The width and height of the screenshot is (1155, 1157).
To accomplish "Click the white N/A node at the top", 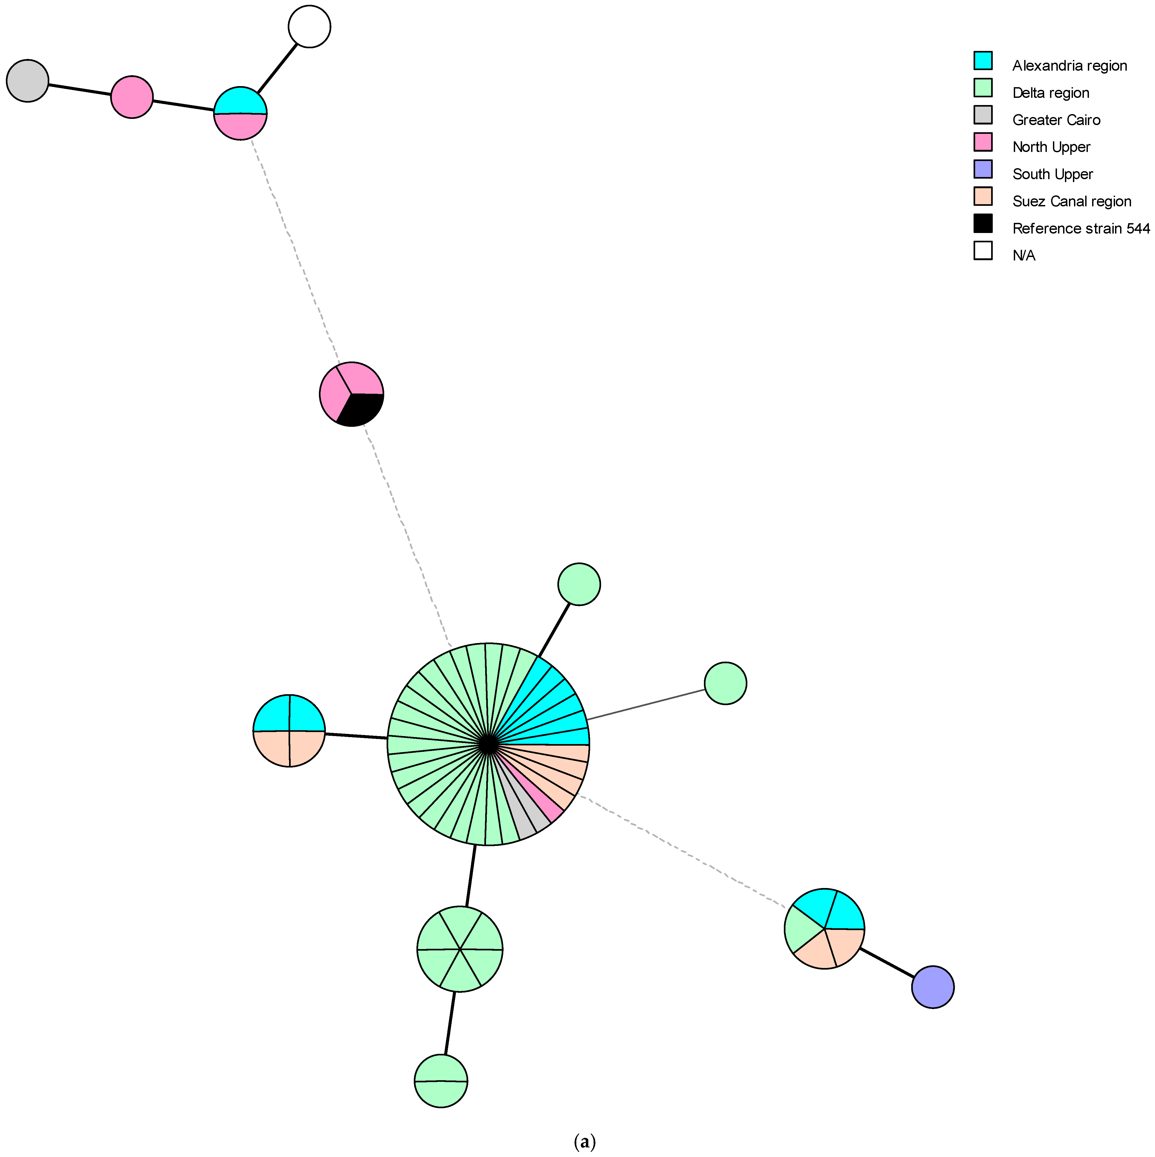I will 309,26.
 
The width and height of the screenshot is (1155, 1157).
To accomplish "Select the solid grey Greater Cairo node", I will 27,81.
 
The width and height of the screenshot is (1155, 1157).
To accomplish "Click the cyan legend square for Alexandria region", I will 983,61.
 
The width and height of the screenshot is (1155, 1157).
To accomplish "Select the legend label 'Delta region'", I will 1050,93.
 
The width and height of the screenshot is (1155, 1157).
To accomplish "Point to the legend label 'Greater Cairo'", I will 1056,120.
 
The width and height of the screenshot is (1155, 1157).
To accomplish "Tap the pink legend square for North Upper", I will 983,142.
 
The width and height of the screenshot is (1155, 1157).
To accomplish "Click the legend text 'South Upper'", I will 1052,174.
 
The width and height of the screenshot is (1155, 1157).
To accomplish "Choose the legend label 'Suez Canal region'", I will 1071,201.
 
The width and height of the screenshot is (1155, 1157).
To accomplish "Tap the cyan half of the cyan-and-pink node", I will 240,101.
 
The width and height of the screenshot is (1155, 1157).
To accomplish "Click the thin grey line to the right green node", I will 646,705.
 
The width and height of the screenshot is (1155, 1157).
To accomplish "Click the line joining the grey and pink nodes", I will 80,89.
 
